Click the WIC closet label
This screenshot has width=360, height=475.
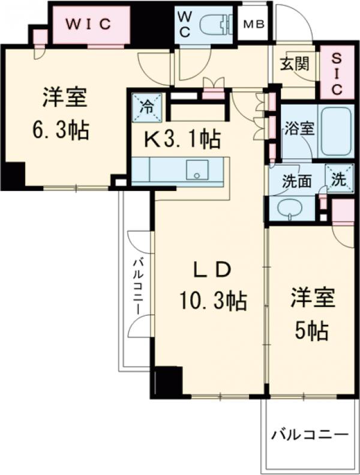click(x=89, y=24)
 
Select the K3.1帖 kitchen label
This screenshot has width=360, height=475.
click(x=178, y=140)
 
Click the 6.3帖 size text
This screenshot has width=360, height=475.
click(x=61, y=130)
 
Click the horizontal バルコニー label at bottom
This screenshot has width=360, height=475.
click(x=310, y=434)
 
